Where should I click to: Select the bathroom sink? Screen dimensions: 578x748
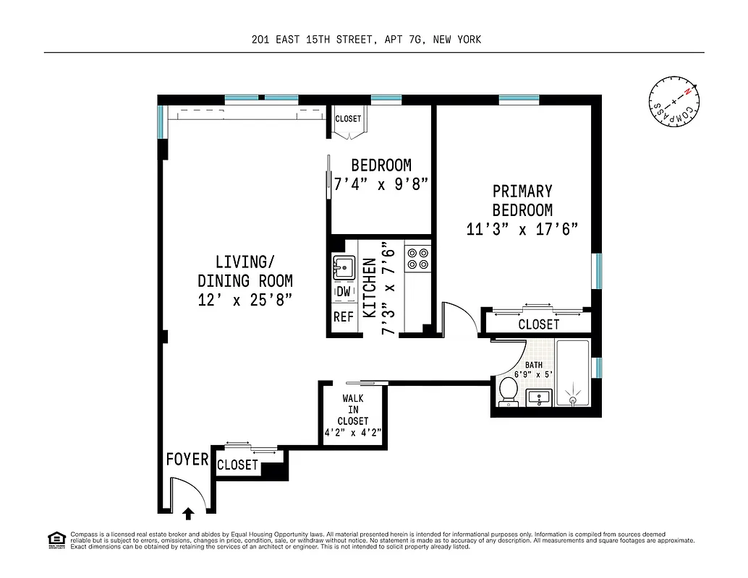538,397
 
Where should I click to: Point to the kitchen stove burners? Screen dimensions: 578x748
417,259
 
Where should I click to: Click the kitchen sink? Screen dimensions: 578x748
343,268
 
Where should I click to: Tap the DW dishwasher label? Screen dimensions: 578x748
344,292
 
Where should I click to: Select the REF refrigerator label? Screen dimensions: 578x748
344,317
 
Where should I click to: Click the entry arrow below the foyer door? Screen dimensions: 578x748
188,513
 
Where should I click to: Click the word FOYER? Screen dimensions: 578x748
187,460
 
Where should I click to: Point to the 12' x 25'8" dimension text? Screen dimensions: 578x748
245,300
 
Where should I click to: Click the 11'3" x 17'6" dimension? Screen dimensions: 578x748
522,229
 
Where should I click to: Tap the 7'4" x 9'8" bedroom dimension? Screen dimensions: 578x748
381,184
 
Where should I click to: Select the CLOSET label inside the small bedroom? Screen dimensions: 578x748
348,119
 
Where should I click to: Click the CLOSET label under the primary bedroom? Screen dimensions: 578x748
538,325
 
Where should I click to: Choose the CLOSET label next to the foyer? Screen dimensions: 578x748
237,465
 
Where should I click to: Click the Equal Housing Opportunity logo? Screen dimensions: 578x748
55,539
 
